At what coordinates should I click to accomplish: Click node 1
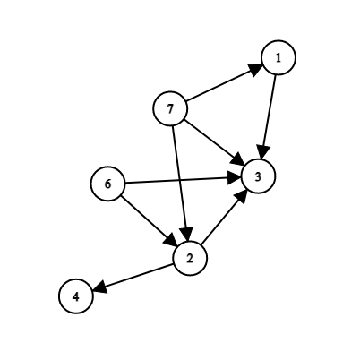[x=279, y=57]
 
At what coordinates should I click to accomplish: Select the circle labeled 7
[x=170, y=108]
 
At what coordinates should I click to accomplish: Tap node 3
[x=258, y=176]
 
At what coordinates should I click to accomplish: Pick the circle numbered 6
[x=107, y=184]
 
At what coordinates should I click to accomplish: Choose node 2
[x=190, y=258]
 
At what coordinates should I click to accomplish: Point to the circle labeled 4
[x=76, y=296]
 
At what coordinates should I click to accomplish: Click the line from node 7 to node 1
[x=224, y=83]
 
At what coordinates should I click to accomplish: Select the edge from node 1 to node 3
[x=269, y=116]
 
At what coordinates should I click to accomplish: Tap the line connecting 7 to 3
[x=214, y=142]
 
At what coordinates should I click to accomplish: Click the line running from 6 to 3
[x=183, y=180]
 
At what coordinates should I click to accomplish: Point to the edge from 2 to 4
[x=133, y=277]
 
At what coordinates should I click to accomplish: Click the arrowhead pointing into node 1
[x=255, y=69]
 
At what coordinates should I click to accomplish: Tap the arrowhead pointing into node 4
[x=100, y=287]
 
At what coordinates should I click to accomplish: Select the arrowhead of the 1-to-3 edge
[x=263, y=152]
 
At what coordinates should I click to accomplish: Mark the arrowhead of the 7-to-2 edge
[x=187, y=234]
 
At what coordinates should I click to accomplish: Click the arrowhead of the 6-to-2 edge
[x=171, y=240]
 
